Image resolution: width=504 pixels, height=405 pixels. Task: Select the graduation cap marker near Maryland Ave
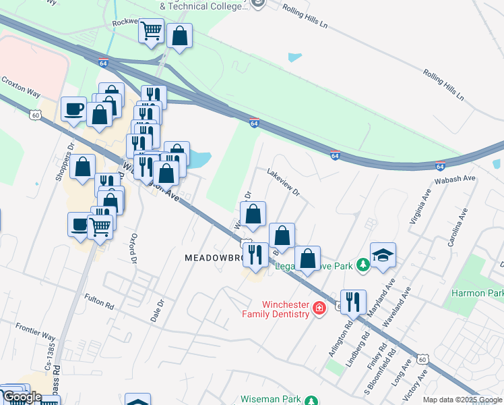click(x=383, y=256)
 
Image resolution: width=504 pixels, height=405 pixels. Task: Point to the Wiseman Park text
click(x=272, y=400)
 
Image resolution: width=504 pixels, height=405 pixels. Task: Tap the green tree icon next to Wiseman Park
click(x=311, y=400)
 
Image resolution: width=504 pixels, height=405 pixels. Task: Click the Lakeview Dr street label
click(x=283, y=182)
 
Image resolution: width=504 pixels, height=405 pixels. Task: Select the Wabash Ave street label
click(x=459, y=179)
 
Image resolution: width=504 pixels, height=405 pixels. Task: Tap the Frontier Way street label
click(x=36, y=331)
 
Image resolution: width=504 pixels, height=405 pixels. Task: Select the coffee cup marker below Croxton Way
click(x=73, y=109)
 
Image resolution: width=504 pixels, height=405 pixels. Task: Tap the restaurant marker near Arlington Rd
click(x=353, y=301)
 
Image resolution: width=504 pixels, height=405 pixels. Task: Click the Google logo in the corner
click(x=22, y=397)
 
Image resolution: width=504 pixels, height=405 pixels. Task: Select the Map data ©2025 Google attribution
click(x=462, y=400)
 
